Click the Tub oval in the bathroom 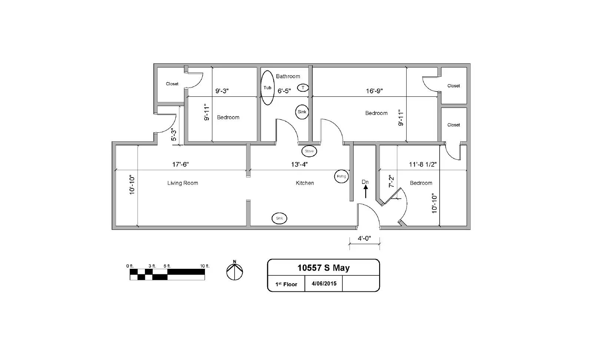[x=267, y=88]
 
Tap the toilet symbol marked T [x=303, y=87]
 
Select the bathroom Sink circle [x=302, y=112]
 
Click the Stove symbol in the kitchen [x=309, y=151]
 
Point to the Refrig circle [x=341, y=176]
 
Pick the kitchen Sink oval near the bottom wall [x=279, y=218]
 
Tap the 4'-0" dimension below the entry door [x=364, y=239]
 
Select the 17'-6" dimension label [x=180, y=164]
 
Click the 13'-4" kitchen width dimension [x=299, y=164]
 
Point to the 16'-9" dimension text [x=374, y=91]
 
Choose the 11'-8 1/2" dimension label [x=423, y=164]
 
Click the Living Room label [x=182, y=183]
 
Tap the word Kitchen [x=305, y=183]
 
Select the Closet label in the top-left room [x=172, y=84]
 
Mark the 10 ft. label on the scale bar [x=205, y=266]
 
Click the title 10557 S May [x=323, y=268]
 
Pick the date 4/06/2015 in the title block [x=324, y=284]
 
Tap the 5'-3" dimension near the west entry [x=173, y=134]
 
